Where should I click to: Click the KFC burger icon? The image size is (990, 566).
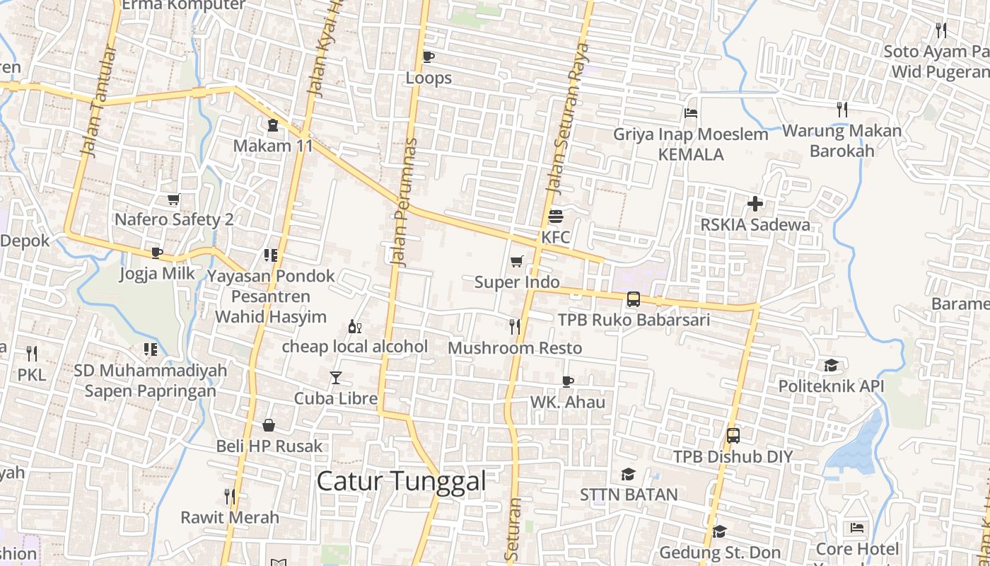click(556, 216)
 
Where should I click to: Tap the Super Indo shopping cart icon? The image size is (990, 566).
click(517, 262)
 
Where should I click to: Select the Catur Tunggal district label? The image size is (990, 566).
click(401, 482)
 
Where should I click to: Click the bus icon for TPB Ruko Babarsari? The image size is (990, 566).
click(634, 299)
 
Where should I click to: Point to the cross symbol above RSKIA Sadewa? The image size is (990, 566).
click(755, 204)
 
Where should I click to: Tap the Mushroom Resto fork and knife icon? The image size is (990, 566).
click(515, 327)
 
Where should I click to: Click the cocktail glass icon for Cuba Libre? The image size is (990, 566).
click(336, 378)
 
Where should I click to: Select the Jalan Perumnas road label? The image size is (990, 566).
click(404, 202)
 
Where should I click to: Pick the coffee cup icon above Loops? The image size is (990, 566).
click(428, 57)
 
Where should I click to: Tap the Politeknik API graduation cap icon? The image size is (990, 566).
click(831, 366)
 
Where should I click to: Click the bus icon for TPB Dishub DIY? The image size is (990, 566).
click(733, 436)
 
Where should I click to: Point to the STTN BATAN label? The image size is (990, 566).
click(629, 495)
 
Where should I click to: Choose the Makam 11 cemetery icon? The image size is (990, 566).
click(273, 125)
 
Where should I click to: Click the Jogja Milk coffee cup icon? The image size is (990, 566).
click(157, 253)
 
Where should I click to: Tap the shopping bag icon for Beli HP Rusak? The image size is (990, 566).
click(269, 425)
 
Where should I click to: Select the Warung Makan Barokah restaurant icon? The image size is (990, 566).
click(841, 110)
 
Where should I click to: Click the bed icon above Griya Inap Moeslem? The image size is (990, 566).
click(691, 113)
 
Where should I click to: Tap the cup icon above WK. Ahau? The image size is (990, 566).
click(567, 382)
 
